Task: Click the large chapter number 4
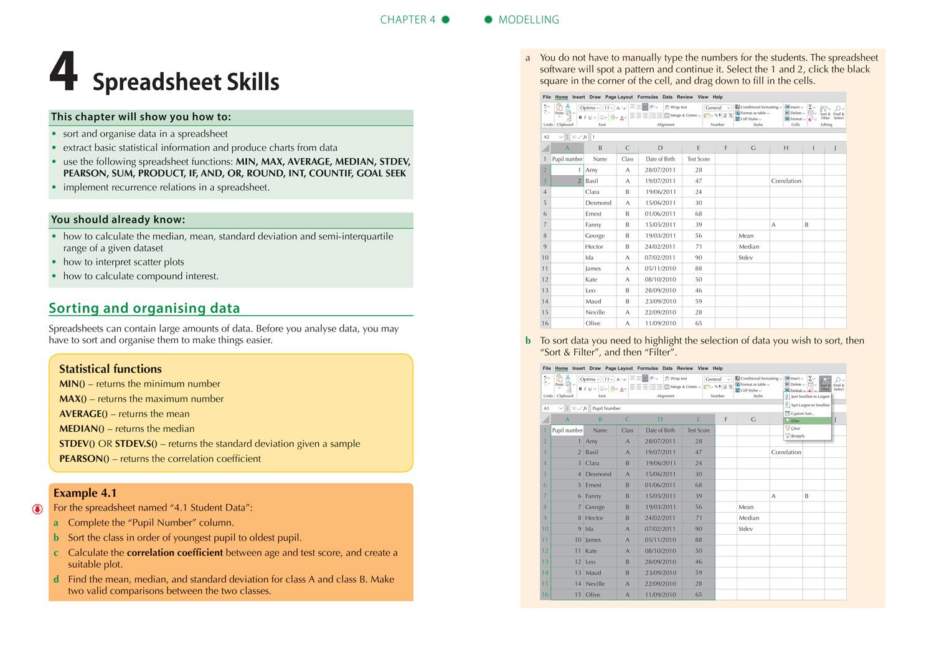point(64,73)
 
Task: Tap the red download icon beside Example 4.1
point(37,509)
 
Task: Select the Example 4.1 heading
point(85,493)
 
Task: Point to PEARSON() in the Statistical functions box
point(84,459)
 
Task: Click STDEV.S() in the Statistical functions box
point(136,444)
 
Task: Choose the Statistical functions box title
point(110,369)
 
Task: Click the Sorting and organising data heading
point(144,308)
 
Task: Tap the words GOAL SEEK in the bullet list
point(381,173)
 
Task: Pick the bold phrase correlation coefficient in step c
point(174,553)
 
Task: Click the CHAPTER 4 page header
point(408,20)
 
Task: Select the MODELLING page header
point(529,20)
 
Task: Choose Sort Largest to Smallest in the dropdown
point(809,405)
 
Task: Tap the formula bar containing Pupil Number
point(685,408)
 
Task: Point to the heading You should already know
point(118,219)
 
